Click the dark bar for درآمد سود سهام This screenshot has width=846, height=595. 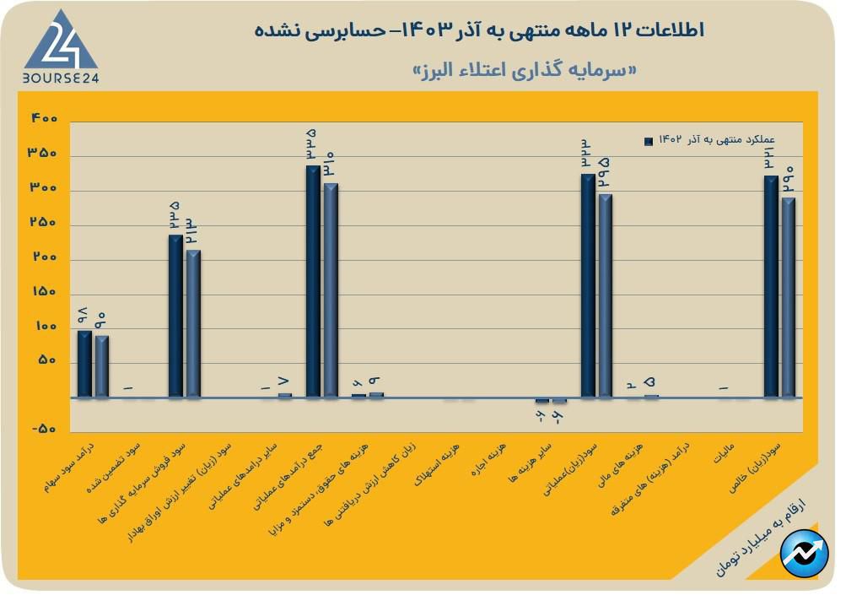click(x=84, y=363)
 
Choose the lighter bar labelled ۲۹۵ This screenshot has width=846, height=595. click(x=605, y=295)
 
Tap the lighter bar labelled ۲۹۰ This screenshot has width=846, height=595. click(x=788, y=296)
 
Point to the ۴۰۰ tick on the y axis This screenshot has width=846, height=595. click(x=44, y=118)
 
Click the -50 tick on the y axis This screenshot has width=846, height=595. click(x=44, y=430)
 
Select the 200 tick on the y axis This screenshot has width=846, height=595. click(x=44, y=257)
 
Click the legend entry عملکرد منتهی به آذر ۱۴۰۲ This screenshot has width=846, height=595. click(x=709, y=141)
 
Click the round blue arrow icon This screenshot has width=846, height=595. click(x=803, y=553)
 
